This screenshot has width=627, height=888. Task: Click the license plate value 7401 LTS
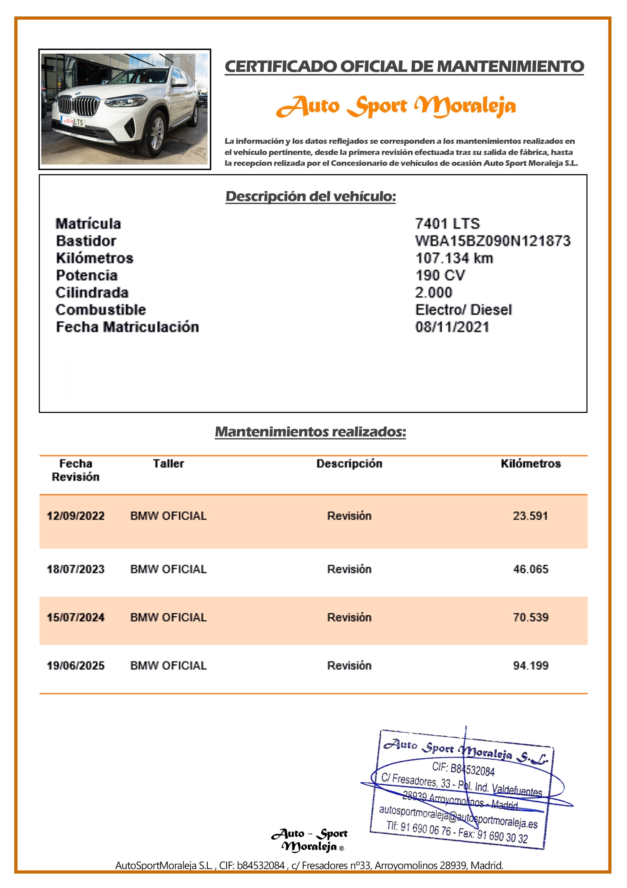pyautogui.click(x=447, y=224)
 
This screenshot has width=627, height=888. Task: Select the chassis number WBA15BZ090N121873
pyautogui.click(x=492, y=241)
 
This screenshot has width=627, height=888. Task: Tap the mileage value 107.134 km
pyautogui.click(x=454, y=258)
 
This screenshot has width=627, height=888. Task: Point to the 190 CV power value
pyautogui.click(x=440, y=275)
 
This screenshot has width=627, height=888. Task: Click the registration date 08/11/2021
pyautogui.click(x=452, y=327)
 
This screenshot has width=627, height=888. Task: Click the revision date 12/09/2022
pyautogui.click(x=76, y=516)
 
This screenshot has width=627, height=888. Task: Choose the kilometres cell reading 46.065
pyautogui.click(x=530, y=569)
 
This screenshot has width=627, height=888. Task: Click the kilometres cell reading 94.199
pyautogui.click(x=530, y=665)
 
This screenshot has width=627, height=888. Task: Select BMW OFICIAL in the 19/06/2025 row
pyautogui.click(x=168, y=665)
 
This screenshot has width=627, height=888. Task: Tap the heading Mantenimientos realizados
pyautogui.click(x=311, y=432)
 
